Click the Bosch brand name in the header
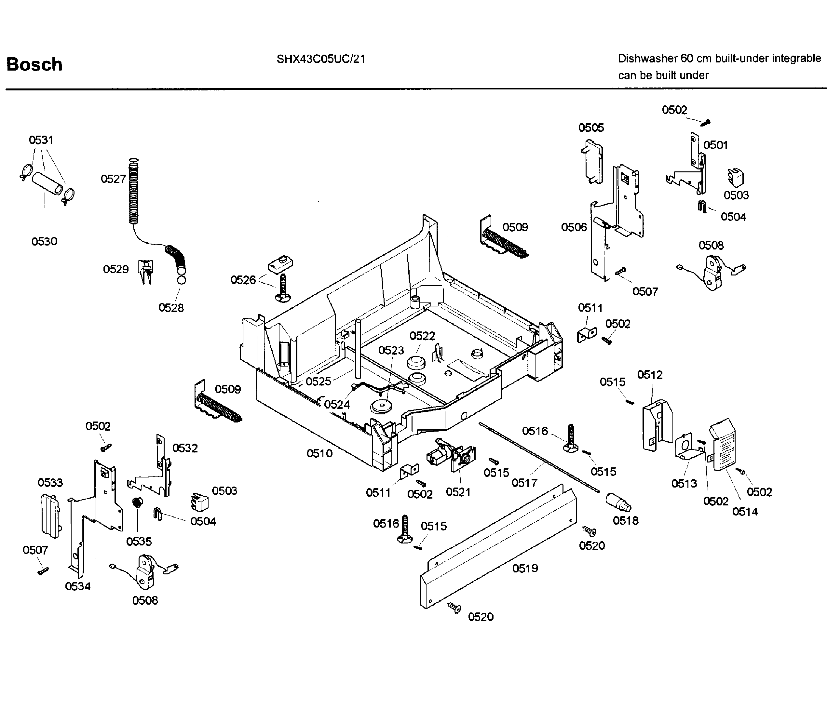(34, 65)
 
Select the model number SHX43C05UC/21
(320, 59)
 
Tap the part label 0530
(44, 241)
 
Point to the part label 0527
(113, 179)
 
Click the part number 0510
(319, 453)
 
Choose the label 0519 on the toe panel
(525, 568)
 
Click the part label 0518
(625, 520)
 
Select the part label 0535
(139, 542)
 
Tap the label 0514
(745, 511)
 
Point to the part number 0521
(458, 492)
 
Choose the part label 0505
(591, 128)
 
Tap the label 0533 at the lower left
(50, 483)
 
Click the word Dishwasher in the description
(647, 59)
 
